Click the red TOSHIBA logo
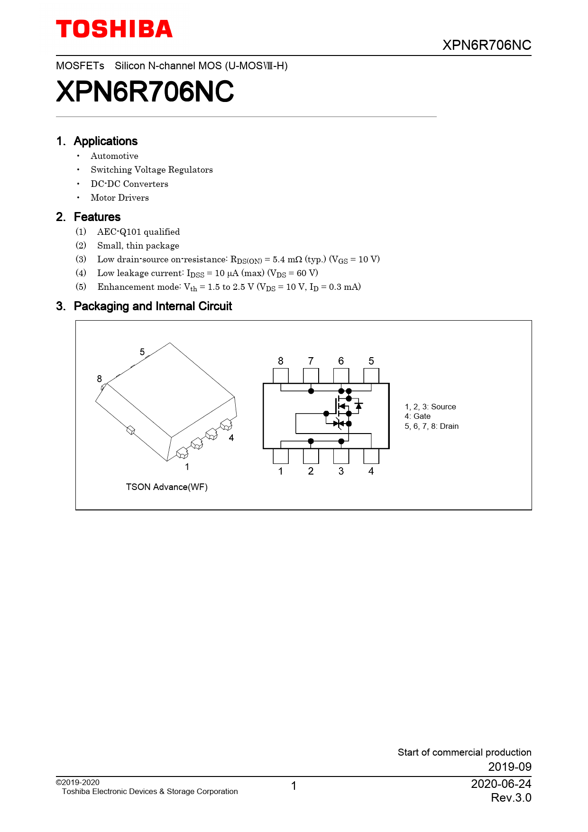(114, 29)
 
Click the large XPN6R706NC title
(145, 92)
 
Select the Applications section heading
(105, 141)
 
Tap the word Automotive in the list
(114, 156)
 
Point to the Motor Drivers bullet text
(119, 198)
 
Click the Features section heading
(97, 217)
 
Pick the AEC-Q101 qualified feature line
(138, 232)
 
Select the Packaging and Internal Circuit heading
(153, 306)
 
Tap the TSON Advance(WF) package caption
(166, 487)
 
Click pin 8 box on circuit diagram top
(281, 375)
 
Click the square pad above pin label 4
(371, 456)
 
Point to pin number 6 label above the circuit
(341, 361)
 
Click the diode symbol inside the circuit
(359, 406)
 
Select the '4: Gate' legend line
(417, 416)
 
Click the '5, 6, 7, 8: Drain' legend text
(432, 426)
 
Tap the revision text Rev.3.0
(511, 798)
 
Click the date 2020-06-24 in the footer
(501, 784)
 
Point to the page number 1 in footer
(294, 786)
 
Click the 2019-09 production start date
(510, 767)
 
